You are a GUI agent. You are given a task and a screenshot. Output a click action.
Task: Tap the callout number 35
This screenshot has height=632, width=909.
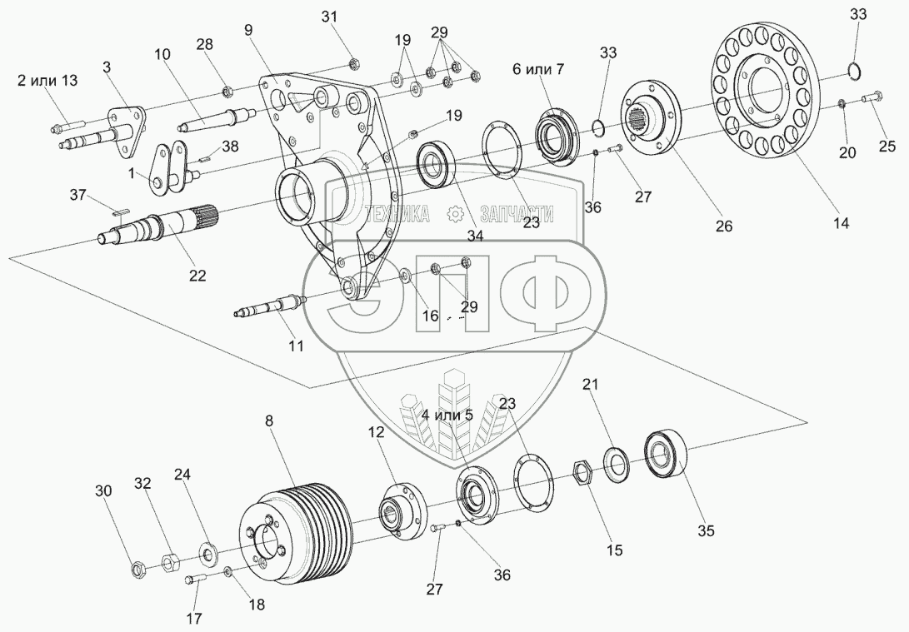(707, 529)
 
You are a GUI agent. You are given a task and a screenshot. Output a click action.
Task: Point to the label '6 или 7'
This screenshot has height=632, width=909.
(537, 69)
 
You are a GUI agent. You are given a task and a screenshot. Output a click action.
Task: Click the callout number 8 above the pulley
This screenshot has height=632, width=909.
(269, 421)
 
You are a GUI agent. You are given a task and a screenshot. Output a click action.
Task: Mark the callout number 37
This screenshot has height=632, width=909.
(77, 195)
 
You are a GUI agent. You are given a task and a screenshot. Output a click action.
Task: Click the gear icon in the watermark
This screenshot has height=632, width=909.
(455, 216)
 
